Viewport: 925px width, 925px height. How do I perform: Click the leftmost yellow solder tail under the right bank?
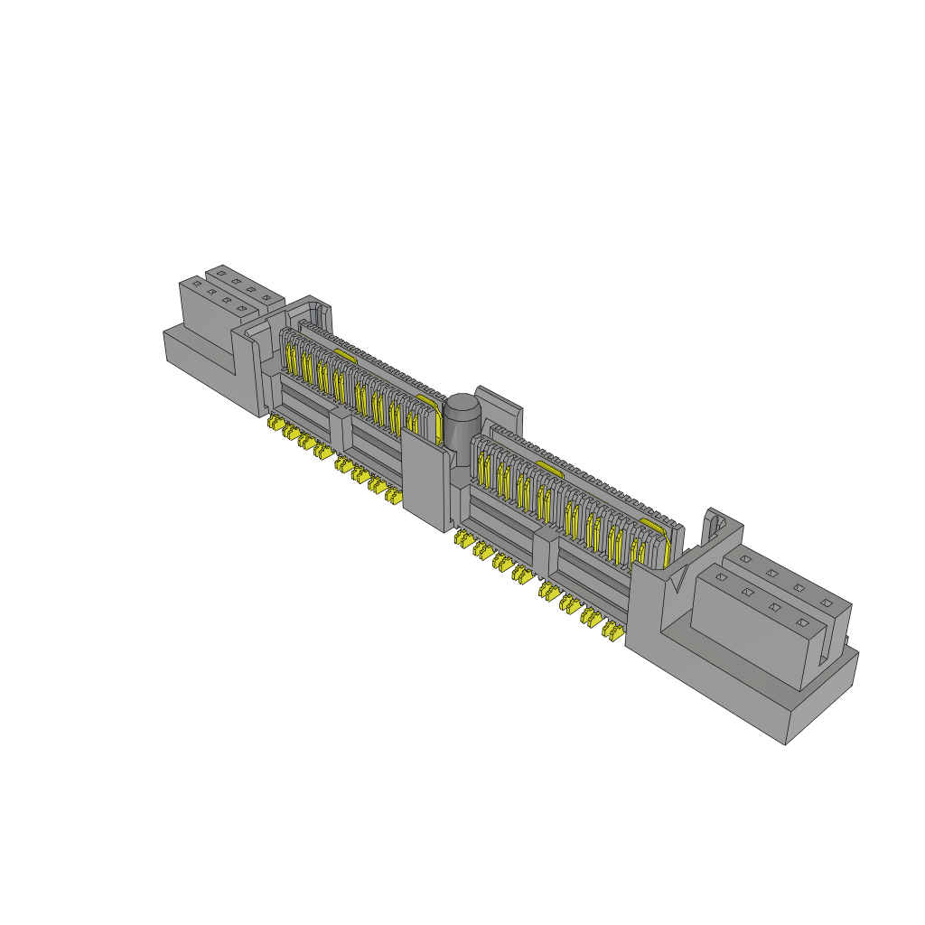[x=463, y=540]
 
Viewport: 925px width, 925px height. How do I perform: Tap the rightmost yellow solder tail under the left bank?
[x=393, y=496]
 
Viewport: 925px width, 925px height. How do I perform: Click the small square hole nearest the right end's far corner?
[x=826, y=602]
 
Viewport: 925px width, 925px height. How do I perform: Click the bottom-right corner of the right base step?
[x=786, y=743]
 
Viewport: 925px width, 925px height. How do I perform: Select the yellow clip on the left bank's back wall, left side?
[x=344, y=354]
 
